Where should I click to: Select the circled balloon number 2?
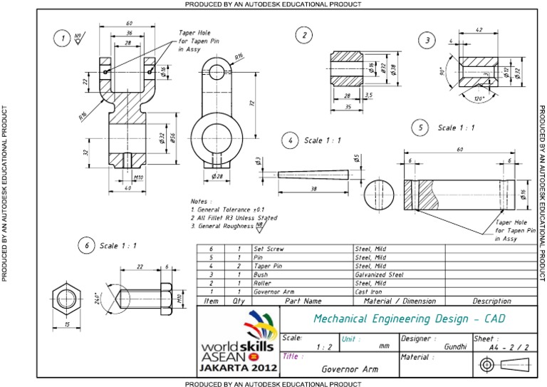point(304,35)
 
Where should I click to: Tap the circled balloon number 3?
point(427,40)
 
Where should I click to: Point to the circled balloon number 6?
point(86,245)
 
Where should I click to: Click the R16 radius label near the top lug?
point(239,56)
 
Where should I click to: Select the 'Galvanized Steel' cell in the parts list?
point(379,274)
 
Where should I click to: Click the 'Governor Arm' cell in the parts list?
point(273,291)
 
